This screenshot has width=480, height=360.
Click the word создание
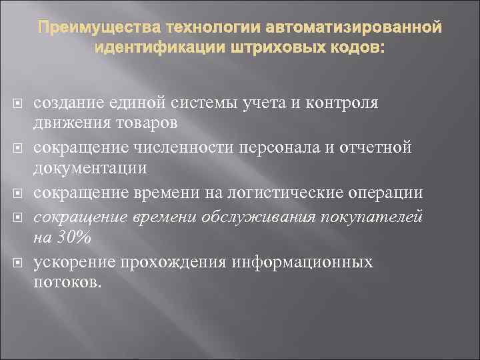(x=65, y=103)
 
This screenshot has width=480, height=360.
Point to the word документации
(x=91, y=167)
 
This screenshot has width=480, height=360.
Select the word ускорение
(x=69, y=262)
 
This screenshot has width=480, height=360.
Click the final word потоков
(x=68, y=282)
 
